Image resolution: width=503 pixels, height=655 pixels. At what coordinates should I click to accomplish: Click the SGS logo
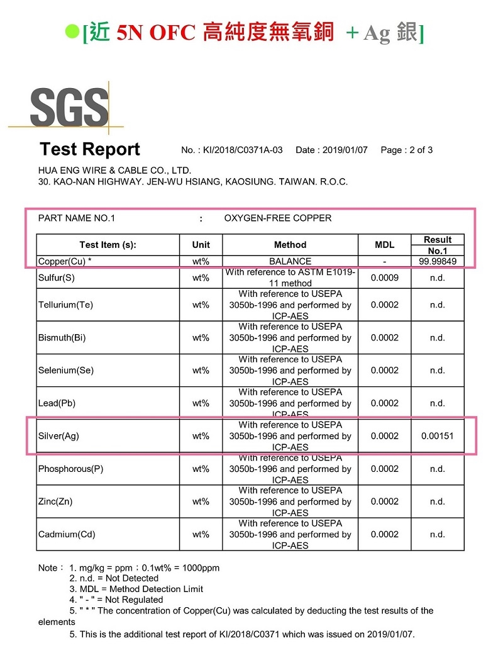tap(68, 108)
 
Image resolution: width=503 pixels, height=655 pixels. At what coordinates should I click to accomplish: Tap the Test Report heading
tap(90, 150)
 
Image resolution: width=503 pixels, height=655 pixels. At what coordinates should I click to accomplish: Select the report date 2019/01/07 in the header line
tap(345, 150)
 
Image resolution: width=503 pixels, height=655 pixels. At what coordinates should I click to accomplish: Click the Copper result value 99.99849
tap(438, 262)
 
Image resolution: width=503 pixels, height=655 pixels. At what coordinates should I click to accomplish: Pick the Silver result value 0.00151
tap(438, 436)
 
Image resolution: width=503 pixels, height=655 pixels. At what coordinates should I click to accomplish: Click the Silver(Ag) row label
tap(58, 436)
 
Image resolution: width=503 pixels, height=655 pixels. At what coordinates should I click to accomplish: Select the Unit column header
tap(201, 245)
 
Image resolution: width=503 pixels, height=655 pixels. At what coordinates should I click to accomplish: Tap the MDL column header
tap(384, 245)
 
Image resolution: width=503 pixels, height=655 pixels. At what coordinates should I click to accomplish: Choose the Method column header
tap(290, 245)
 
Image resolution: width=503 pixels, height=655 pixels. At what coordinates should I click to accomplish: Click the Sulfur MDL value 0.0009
tap(384, 277)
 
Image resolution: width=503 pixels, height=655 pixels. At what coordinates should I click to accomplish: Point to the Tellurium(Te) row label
tap(65, 305)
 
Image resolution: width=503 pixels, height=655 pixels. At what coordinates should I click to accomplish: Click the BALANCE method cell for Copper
tap(290, 262)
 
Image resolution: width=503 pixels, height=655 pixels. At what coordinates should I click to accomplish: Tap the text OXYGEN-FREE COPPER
tap(277, 218)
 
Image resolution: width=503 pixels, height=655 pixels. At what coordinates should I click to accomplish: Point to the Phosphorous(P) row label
tap(70, 469)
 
